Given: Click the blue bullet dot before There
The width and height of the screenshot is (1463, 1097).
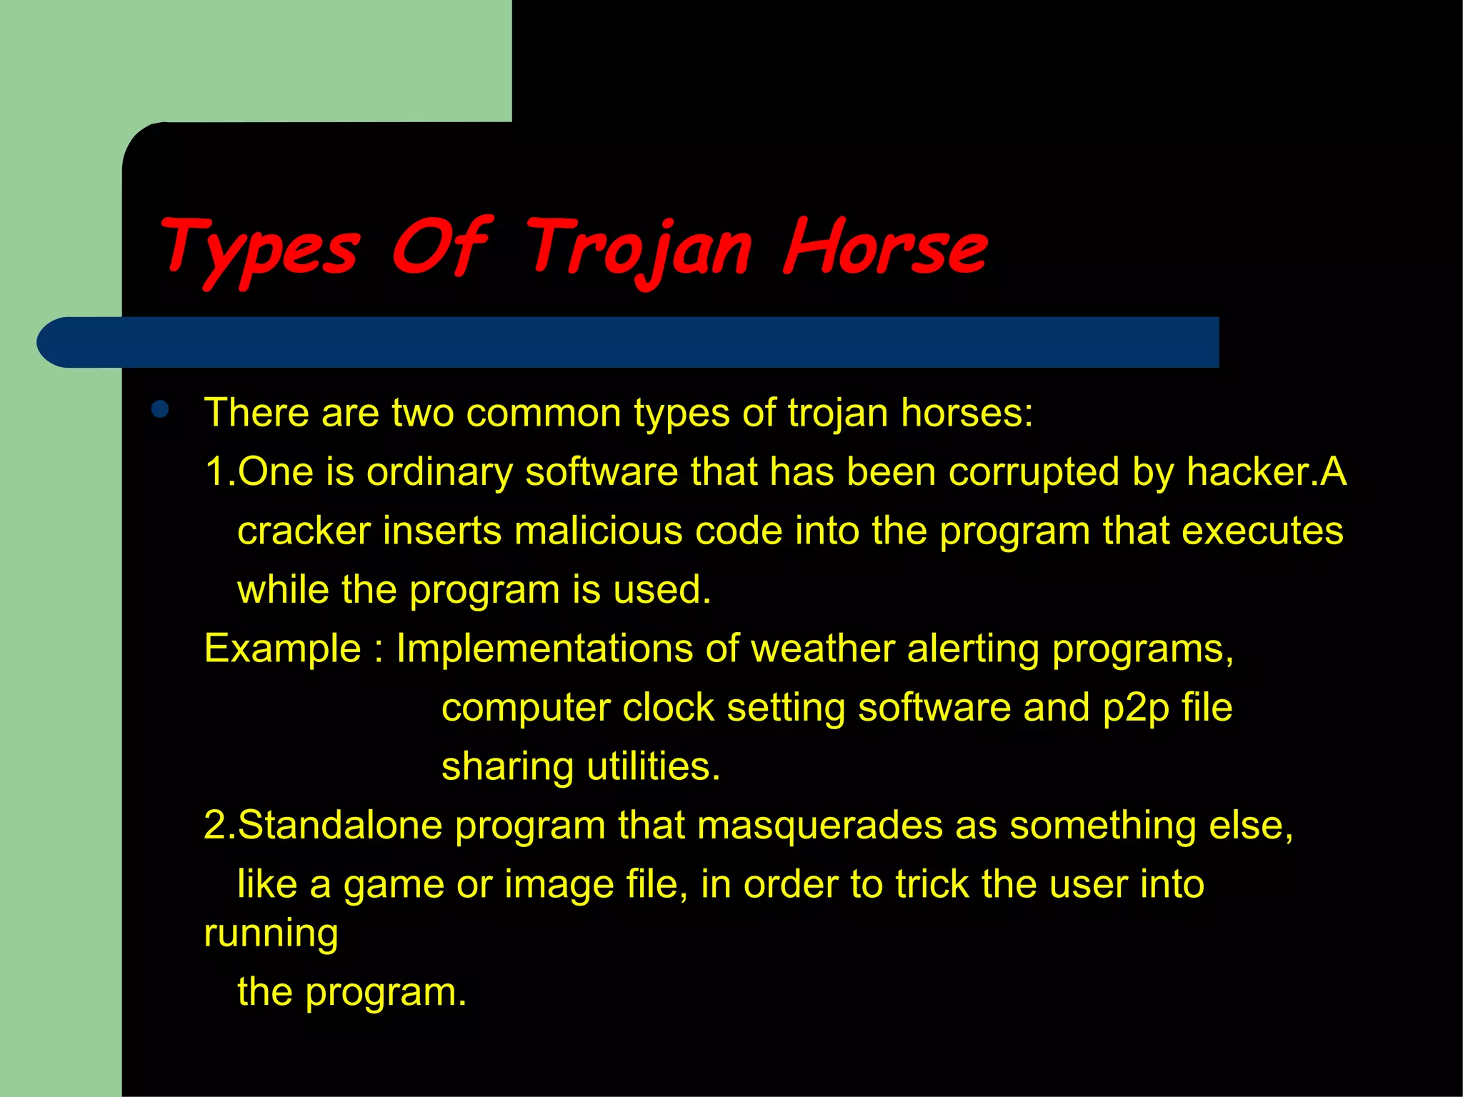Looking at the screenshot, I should click(x=160, y=409).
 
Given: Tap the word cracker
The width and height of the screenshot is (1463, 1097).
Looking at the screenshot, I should click(x=304, y=531).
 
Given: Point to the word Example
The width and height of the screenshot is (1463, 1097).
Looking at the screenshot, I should click(x=283, y=648).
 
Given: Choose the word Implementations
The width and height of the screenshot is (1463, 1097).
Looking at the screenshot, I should click(x=544, y=648).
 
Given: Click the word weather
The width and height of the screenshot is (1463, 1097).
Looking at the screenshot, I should click(x=823, y=648).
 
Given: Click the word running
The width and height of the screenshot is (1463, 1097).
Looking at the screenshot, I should click(x=271, y=934).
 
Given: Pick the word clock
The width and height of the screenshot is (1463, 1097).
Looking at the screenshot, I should click(x=668, y=708).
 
